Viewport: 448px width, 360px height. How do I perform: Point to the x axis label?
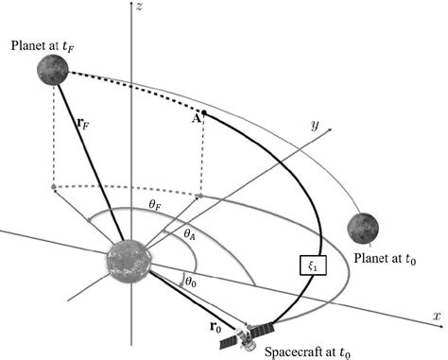[x=437, y=313]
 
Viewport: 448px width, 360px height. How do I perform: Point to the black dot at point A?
[x=204, y=114]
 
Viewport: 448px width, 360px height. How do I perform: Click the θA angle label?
[x=189, y=231]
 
